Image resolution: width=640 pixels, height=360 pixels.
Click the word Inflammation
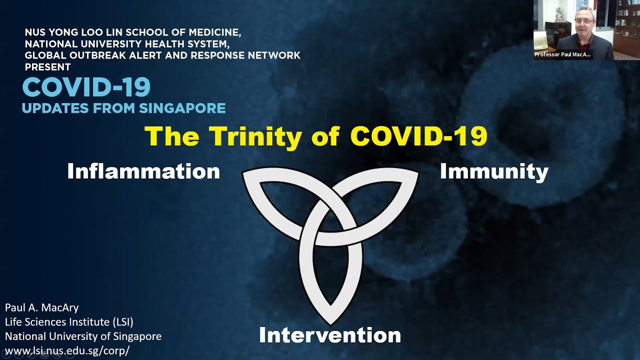[143, 171]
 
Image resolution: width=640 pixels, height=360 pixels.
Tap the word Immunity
[494, 172]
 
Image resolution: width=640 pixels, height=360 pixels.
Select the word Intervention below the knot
[330, 335]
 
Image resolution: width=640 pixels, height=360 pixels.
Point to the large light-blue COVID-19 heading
[86, 87]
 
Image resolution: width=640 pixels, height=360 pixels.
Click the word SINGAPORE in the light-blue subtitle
[182, 108]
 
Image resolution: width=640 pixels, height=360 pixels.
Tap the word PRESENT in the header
[47, 67]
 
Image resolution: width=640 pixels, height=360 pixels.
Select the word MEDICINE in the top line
[214, 32]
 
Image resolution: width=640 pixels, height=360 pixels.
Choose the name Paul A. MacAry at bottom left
[41, 307]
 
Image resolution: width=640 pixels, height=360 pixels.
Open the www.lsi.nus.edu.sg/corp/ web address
[67, 350]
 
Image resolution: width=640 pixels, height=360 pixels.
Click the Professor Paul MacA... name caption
[563, 54]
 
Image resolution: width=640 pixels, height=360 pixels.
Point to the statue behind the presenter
[560, 14]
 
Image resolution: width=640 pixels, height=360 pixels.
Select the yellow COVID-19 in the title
[419, 136]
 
